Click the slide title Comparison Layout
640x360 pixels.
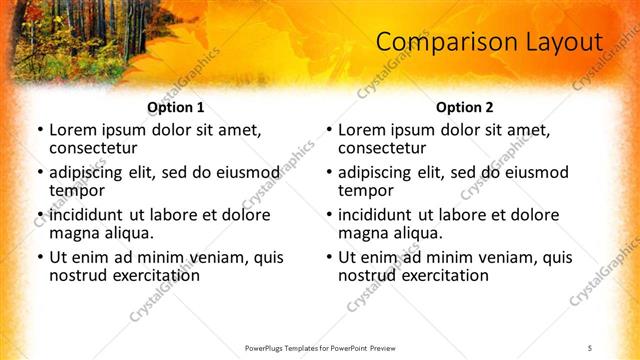(x=489, y=42)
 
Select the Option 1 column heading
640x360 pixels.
(x=175, y=107)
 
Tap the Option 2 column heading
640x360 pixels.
(x=465, y=107)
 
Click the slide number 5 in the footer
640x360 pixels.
(x=589, y=347)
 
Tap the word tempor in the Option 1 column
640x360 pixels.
(x=77, y=190)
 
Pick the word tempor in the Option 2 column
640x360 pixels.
(x=366, y=190)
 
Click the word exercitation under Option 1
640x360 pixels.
(x=143, y=274)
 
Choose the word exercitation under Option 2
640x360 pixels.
(x=432, y=274)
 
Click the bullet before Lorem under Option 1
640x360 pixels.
(x=40, y=131)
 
